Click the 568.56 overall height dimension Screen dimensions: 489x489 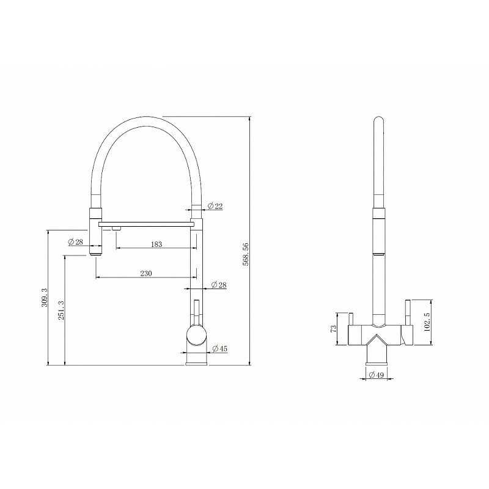coord(246,254)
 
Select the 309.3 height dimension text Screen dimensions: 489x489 coord(44,298)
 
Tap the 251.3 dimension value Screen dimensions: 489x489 coord(61,312)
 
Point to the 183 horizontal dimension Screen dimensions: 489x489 coord(156,244)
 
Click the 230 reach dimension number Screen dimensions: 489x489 coord(146,273)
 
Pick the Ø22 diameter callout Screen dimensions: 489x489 coord(215,206)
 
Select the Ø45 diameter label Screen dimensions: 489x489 coord(220,348)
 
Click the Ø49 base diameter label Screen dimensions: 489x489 coord(377,375)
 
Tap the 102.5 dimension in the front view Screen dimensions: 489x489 coord(427,322)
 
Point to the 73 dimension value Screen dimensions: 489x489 coord(333,328)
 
